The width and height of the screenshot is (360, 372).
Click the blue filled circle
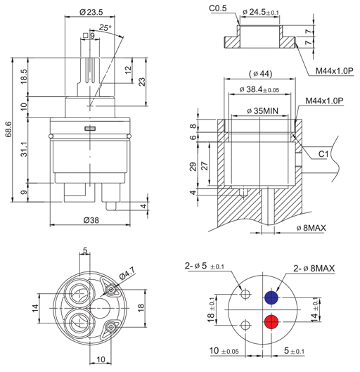click(271, 297)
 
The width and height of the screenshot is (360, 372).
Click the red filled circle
click(271, 321)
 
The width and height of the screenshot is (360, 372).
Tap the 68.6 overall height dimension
click(8, 129)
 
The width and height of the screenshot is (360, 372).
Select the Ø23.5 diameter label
click(91, 12)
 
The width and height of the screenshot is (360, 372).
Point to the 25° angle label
click(105, 27)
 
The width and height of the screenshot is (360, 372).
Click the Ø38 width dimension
click(91, 220)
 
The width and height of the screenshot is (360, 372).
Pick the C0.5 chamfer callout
click(218, 8)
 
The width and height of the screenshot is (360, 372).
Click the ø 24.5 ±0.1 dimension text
click(261, 12)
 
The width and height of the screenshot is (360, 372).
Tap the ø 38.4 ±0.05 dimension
click(259, 89)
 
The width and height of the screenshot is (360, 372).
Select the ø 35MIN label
click(262, 111)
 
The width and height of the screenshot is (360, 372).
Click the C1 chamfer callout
click(323, 154)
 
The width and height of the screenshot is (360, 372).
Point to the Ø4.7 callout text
click(127, 273)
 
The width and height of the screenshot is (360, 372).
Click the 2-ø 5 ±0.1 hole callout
click(205, 266)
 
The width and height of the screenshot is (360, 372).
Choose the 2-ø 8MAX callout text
click(314, 269)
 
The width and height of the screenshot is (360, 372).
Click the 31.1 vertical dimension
click(24, 150)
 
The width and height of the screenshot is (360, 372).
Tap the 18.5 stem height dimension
click(24, 77)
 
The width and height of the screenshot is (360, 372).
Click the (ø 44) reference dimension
click(261, 74)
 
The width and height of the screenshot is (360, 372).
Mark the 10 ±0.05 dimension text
click(224, 351)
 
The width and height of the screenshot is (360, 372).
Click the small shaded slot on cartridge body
click(90, 129)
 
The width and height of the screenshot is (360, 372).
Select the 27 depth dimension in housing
click(204, 166)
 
